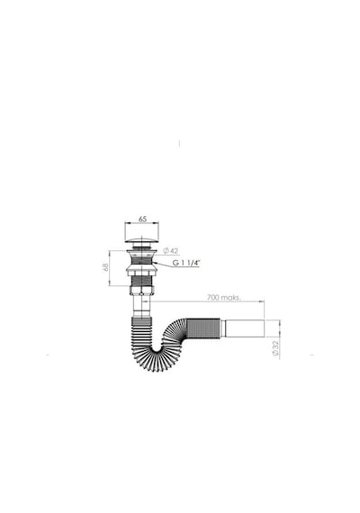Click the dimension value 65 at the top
(142, 219)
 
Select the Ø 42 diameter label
(170, 251)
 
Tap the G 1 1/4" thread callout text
(186, 263)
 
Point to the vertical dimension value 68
(105, 267)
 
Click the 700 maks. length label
(224, 297)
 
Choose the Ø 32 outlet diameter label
(274, 348)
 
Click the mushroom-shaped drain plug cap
(142, 240)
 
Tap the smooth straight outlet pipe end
(245, 328)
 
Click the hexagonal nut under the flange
(141, 271)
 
